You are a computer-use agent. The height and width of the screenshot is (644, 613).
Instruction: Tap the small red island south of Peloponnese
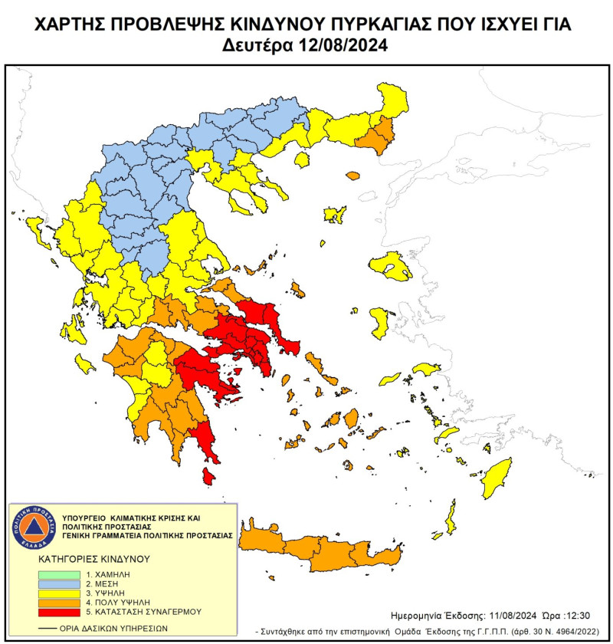point(208,477)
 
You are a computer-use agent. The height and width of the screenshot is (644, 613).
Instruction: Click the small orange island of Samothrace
point(352,176)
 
